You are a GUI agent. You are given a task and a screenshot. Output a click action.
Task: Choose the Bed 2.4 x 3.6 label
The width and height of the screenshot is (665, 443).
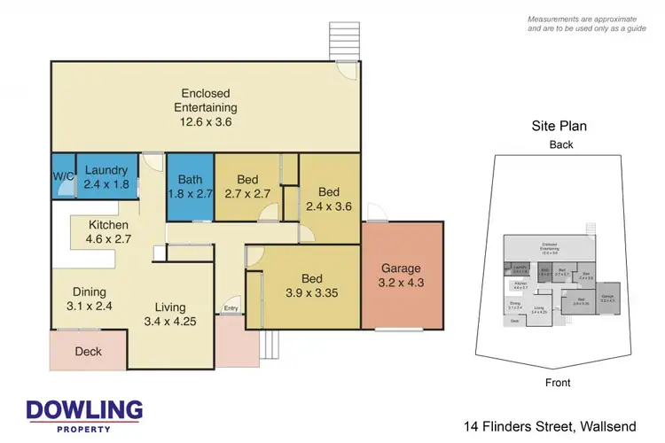pos(328,199)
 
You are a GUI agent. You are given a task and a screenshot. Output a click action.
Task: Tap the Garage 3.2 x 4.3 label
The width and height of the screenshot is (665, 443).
pos(402,276)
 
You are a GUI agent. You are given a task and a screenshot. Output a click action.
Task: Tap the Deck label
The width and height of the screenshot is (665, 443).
pos(89,352)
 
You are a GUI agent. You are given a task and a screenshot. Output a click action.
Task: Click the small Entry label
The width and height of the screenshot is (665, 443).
pos(231,308)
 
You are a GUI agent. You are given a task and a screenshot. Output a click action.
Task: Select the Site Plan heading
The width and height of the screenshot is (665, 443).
pos(560,127)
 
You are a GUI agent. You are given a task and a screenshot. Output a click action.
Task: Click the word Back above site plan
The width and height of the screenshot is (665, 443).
pos(560,144)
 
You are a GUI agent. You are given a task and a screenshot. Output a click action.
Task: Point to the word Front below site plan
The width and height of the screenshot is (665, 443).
pos(559,383)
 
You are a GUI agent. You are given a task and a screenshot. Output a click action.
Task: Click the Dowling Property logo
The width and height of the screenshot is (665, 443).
pos(85,415)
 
